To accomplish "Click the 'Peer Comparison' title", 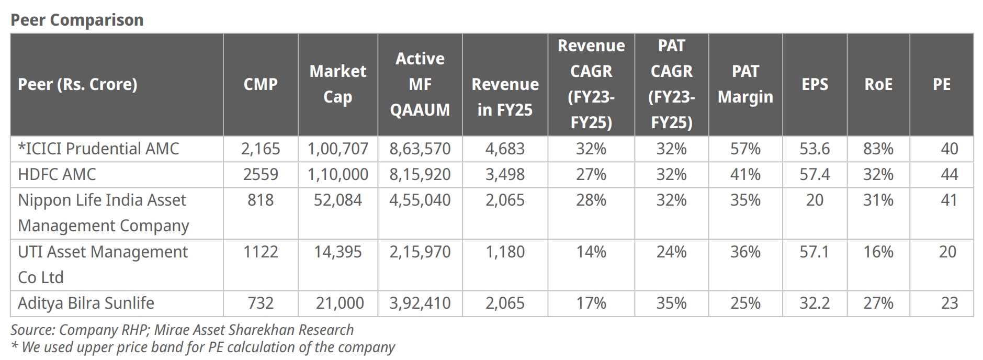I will (x=77, y=20).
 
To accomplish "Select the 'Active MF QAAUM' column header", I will (x=420, y=84).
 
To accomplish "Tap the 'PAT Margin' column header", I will (x=745, y=84).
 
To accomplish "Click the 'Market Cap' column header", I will (x=337, y=84).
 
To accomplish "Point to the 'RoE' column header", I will (x=878, y=84).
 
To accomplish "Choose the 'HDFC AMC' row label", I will (x=57, y=174).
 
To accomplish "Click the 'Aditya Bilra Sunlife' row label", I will (x=86, y=303).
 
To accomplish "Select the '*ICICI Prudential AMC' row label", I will (x=98, y=149).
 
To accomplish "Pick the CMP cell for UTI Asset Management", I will (x=261, y=252).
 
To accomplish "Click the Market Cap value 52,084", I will (x=337, y=200).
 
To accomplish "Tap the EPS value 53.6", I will (x=815, y=149).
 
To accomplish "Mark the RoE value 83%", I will (x=878, y=149).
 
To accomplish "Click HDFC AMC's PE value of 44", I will (x=949, y=174).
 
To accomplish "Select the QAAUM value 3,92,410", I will (x=420, y=303).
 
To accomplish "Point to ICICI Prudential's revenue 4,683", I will (x=505, y=149).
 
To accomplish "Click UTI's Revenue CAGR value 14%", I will (x=591, y=252).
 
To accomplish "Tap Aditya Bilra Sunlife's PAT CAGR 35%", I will (x=671, y=303).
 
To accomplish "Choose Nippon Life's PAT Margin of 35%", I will (x=745, y=200).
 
